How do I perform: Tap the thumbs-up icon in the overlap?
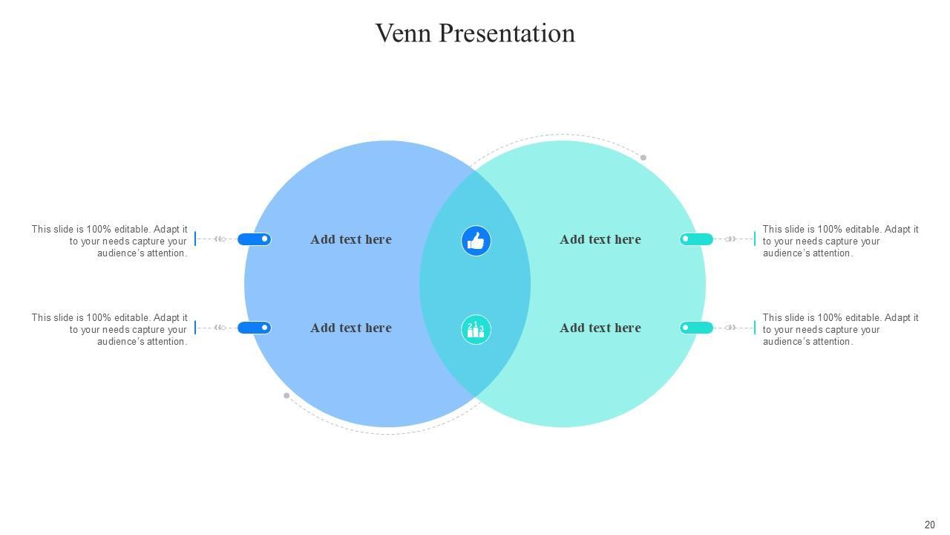point(476,241)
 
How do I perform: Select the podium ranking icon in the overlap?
point(476,329)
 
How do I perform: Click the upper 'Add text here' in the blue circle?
point(350,239)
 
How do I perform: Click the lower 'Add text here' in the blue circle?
point(350,328)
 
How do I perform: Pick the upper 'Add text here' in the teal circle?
point(600,239)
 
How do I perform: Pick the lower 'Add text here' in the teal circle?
point(600,328)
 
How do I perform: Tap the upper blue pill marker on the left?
point(254,239)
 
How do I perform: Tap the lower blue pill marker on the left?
point(254,328)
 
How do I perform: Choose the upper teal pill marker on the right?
point(696,239)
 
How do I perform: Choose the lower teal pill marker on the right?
point(696,328)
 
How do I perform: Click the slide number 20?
point(929,525)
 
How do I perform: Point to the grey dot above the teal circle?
point(643,158)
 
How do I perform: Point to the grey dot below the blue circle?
point(286,396)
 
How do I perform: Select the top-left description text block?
point(109,241)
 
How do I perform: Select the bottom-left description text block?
point(109,329)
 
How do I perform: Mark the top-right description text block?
point(840,241)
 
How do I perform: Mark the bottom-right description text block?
point(840,329)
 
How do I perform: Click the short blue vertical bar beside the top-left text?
point(195,239)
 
